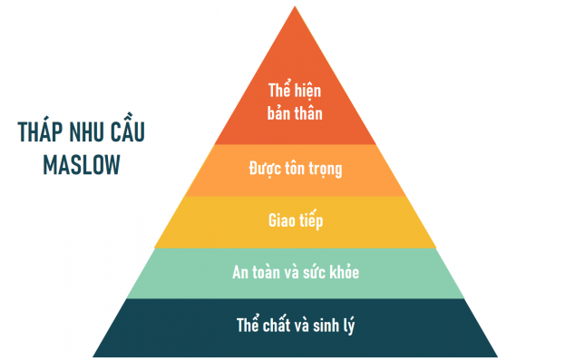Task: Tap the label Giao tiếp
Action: (296, 220)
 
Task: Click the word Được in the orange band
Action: (263, 169)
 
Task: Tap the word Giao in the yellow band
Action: (281, 220)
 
